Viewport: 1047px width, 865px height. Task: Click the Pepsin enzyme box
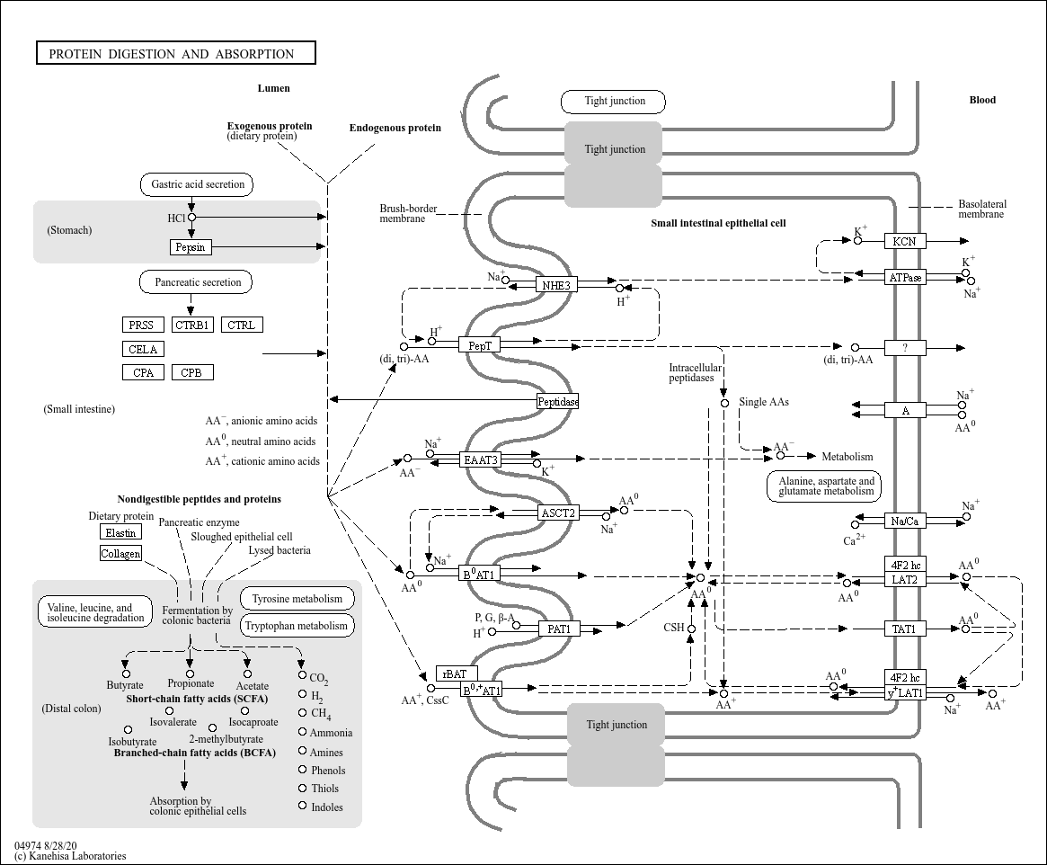[191, 247]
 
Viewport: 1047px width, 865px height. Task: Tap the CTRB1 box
[192, 325]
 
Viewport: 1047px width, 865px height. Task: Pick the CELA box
[143, 349]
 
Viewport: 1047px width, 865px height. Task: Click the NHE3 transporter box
[557, 285]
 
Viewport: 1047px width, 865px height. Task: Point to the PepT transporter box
[480, 344]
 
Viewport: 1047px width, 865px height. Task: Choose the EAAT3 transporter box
[480, 459]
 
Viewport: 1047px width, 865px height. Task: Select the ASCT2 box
[557, 513]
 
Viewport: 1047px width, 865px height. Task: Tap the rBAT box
[457, 673]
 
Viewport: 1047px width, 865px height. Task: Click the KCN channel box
[904, 241]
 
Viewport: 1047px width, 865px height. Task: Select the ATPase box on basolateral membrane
[905, 277]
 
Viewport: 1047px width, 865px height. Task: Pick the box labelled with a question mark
[905, 348]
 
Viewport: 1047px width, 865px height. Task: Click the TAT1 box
[904, 629]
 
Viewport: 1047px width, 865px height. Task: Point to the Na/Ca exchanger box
[904, 521]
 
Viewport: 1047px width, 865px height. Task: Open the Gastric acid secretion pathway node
[198, 184]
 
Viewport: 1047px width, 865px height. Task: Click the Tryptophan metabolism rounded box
[296, 626]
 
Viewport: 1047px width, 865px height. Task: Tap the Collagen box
[120, 553]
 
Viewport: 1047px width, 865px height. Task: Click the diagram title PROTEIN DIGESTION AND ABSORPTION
[176, 54]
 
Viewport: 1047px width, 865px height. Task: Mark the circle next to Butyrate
[126, 673]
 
